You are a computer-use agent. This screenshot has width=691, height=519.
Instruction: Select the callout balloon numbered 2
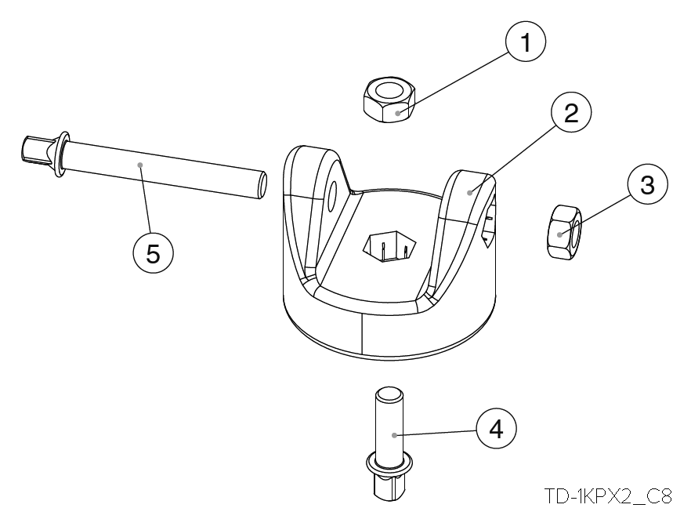(570, 114)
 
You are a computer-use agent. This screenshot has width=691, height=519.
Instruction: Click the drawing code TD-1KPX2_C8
(609, 495)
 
